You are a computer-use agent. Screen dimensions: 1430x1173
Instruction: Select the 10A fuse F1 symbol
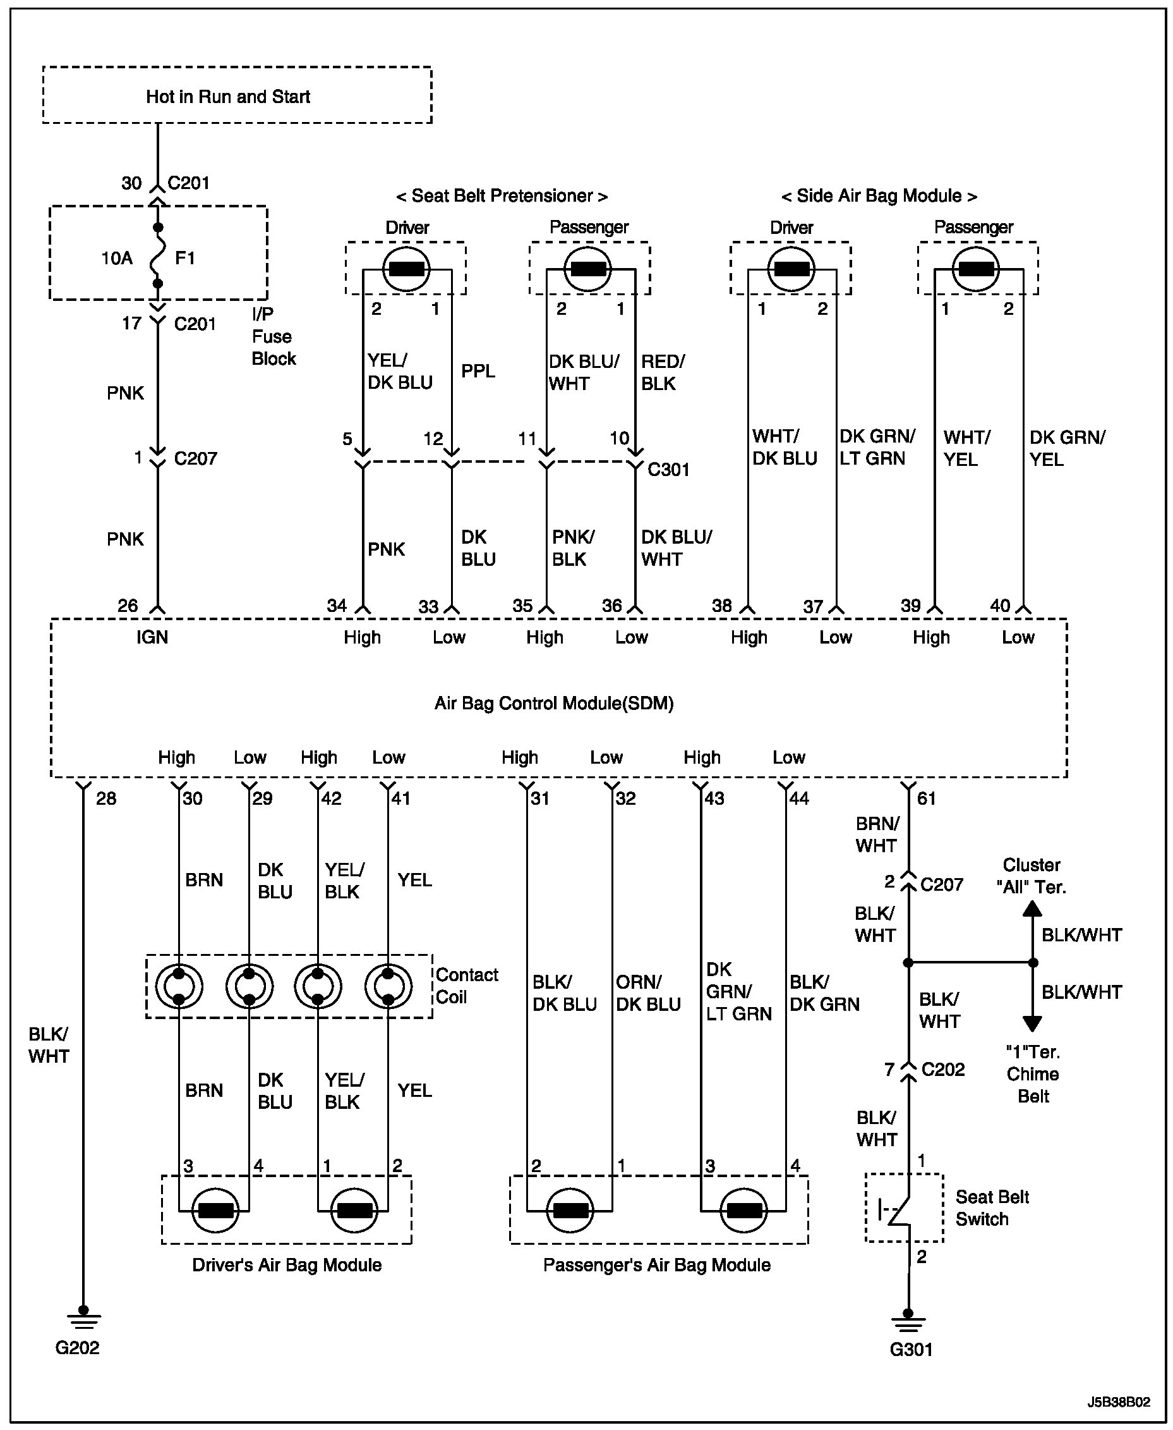point(157,256)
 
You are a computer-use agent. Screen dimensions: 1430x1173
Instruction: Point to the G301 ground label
point(911,1350)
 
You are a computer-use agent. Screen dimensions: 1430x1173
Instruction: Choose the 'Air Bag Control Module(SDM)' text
point(553,703)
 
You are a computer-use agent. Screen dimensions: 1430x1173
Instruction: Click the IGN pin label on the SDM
point(152,637)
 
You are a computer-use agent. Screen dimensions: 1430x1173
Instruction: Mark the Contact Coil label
point(466,986)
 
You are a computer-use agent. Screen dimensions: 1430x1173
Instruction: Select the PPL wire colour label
point(478,370)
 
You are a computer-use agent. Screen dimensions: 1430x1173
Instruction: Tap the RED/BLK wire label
point(662,372)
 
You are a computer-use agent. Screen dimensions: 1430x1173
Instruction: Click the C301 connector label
point(668,469)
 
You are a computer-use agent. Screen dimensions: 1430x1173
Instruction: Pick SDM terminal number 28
point(106,798)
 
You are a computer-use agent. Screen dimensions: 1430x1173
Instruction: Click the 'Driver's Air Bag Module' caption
point(287,1265)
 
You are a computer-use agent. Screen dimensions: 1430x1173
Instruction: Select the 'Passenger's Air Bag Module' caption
point(656,1265)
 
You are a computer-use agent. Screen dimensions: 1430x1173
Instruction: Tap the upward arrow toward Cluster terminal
point(1032,910)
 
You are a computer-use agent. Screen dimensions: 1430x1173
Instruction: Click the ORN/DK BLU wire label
point(647,993)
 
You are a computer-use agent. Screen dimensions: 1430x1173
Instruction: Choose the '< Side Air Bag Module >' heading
point(879,196)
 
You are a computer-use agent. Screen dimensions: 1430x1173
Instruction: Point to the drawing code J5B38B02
point(1118,1402)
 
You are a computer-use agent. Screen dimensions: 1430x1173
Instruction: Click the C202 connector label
point(942,1069)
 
